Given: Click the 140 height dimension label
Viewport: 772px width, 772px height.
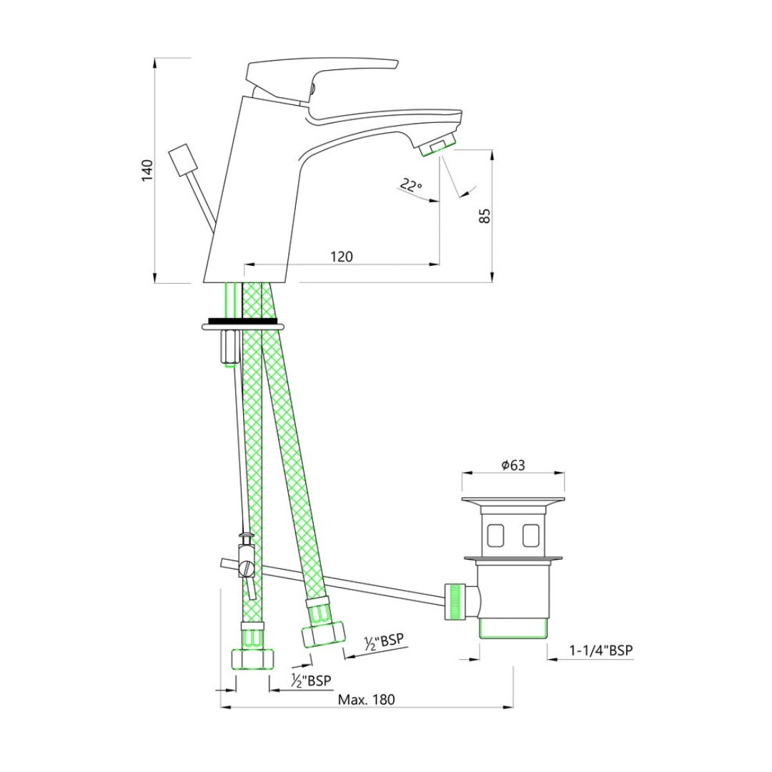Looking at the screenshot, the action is coord(147,170).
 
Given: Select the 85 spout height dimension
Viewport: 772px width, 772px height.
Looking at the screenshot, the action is coord(485,216).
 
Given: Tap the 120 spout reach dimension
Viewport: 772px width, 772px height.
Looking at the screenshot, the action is coord(341,257).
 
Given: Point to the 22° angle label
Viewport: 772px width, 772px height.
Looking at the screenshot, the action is coord(410,186).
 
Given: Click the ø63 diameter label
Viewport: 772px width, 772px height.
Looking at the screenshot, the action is coord(513,465).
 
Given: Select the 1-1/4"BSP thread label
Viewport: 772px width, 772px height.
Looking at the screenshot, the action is coord(600,650).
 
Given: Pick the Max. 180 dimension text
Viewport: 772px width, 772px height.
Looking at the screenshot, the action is coord(366,700).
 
